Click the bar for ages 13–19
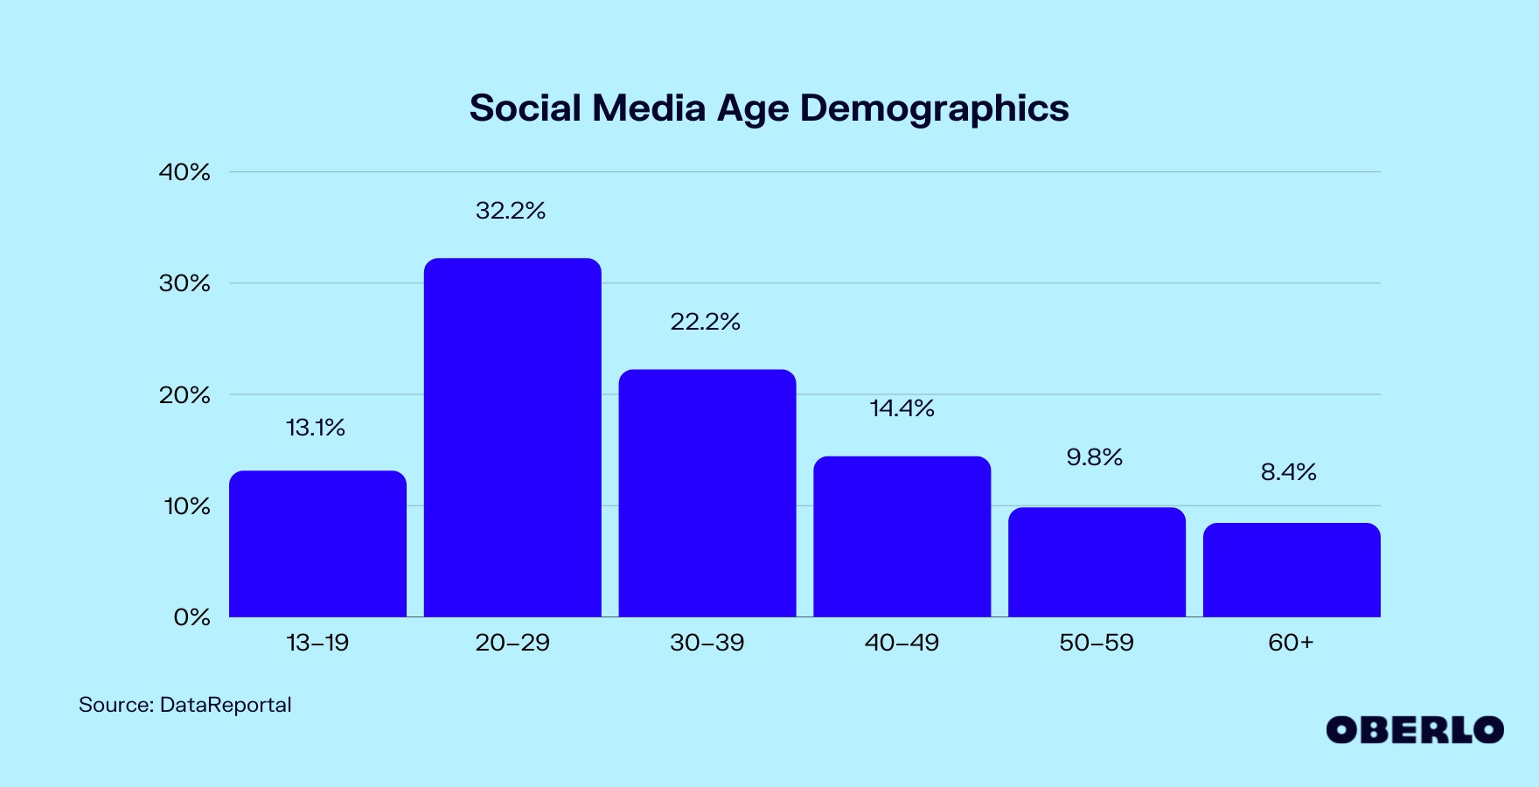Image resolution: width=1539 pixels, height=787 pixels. [x=317, y=544]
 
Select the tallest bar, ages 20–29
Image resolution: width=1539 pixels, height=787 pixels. [x=512, y=437]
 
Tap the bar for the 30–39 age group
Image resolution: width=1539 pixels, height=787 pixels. [x=707, y=493]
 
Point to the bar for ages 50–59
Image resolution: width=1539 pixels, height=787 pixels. [x=1097, y=562]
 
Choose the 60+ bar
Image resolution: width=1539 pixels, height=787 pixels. [x=1292, y=570]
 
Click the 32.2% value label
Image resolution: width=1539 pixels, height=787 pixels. [x=511, y=211]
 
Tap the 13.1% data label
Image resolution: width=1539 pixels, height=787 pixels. [x=316, y=428]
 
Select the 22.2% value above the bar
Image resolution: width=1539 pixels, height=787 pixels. [x=705, y=322]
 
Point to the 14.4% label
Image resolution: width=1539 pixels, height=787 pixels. [x=902, y=408]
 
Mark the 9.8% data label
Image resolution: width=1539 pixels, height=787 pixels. [x=1094, y=457]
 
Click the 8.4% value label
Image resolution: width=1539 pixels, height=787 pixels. [x=1288, y=472]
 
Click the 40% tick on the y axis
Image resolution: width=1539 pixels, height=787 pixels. [x=185, y=172]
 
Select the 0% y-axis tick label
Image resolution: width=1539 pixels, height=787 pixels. [x=192, y=617]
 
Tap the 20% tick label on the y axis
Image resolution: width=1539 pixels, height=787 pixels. [x=185, y=395]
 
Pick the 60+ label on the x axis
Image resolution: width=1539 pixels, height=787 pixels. [x=1291, y=643]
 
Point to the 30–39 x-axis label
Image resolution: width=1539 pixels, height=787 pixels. [x=707, y=643]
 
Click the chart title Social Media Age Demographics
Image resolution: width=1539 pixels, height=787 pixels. [x=769, y=108]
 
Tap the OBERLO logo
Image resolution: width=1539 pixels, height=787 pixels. [x=1414, y=730]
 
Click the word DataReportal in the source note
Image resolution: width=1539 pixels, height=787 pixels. [x=226, y=705]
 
